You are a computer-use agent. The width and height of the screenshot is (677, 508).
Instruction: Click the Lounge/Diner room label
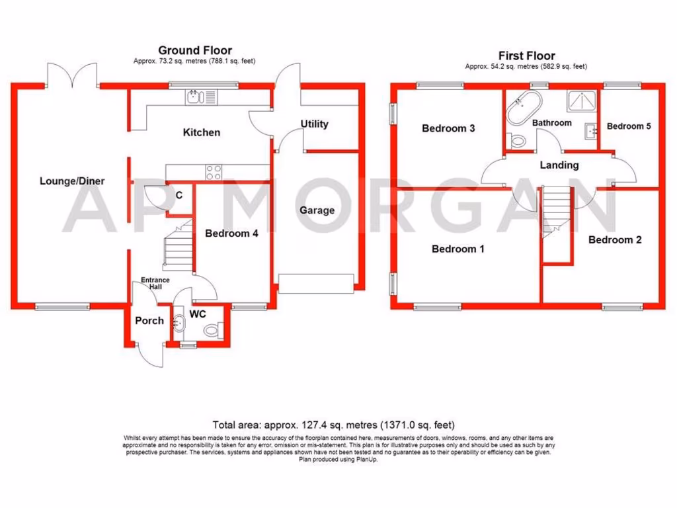pyautogui.click(x=72, y=181)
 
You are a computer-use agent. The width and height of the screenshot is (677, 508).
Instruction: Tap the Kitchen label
pyautogui.click(x=201, y=132)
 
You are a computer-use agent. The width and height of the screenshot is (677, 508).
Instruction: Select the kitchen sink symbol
pyautogui.click(x=194, y=99)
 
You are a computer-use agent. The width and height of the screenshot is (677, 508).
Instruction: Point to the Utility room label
pyautogui.click(x=314, y=124)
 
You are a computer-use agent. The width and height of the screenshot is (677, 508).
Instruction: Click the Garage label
pyautogui.click(x=317, y=210)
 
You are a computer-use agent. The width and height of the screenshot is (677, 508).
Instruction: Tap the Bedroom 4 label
pyautogui.click(x=231, y=233)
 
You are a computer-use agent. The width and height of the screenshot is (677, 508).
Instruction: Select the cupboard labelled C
pyautogui.click(x=179, y=196)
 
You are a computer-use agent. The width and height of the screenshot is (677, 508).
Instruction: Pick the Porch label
pyautogui.click(x=149, y=321)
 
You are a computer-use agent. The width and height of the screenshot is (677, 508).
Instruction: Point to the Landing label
pyautogui.click(x=559, y=165)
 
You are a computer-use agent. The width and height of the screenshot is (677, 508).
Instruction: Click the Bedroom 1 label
pyautogui.click(x=458, y=249)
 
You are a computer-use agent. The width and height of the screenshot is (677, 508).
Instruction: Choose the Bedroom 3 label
pyautogui.click(x=448, y=128)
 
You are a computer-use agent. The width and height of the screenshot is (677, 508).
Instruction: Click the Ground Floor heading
pyautogui.click(x=194, y=50)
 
